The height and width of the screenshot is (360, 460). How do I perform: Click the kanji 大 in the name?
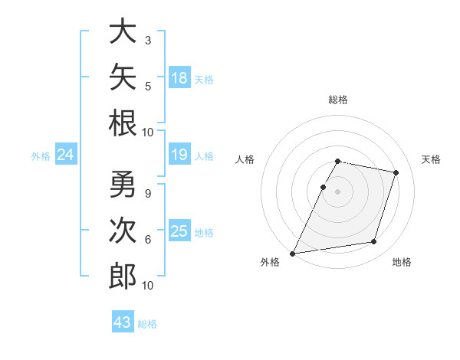click(123, 31)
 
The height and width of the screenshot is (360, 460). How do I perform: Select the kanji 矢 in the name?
click(123, 77)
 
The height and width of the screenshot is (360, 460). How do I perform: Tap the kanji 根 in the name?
click(123, 123)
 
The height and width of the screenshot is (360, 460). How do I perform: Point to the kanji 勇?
click(123, 184)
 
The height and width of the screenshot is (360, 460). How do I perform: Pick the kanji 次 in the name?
click(123, 230)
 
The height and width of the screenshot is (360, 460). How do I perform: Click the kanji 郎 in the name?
click(123, 277)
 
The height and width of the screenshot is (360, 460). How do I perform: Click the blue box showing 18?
click(179, 77)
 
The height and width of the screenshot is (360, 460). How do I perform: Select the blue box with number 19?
click(179, 154)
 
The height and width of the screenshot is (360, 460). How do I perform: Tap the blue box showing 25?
click(179, 230)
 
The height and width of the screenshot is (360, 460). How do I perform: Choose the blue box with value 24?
click(66, 154)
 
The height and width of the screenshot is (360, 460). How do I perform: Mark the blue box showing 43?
click(123, 321)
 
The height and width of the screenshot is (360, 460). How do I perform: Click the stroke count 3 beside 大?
click(148, 40)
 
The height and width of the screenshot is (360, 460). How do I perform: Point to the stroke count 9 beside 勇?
click(148, 194)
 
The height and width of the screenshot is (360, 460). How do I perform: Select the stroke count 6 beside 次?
click(148, 240)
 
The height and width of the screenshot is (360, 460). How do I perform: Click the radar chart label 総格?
click(338, 100)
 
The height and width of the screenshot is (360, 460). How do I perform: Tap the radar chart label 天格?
click(431, 159)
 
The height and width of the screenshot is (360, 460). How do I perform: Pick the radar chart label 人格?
click(245, 159)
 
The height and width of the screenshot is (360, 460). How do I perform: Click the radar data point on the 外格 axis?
click(292, 254)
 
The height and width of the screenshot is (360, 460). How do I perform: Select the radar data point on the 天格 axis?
click(396, 172)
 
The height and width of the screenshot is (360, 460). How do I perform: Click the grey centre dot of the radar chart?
click(337, 191)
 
